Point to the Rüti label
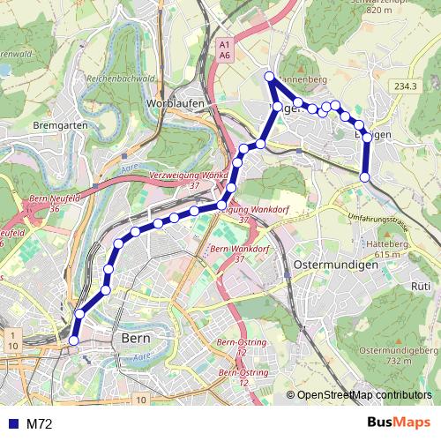click(x=421, y=287)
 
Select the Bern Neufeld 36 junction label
click(x=55, y=204)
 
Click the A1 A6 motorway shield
click(x=224, y=49)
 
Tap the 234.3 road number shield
click(x=405, y=86)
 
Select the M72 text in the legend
click(x=39, y=423)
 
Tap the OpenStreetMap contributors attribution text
click(x=364, y=395)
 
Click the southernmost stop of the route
click(x=74, y=340)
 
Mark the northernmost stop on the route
click(x=270, y=77)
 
